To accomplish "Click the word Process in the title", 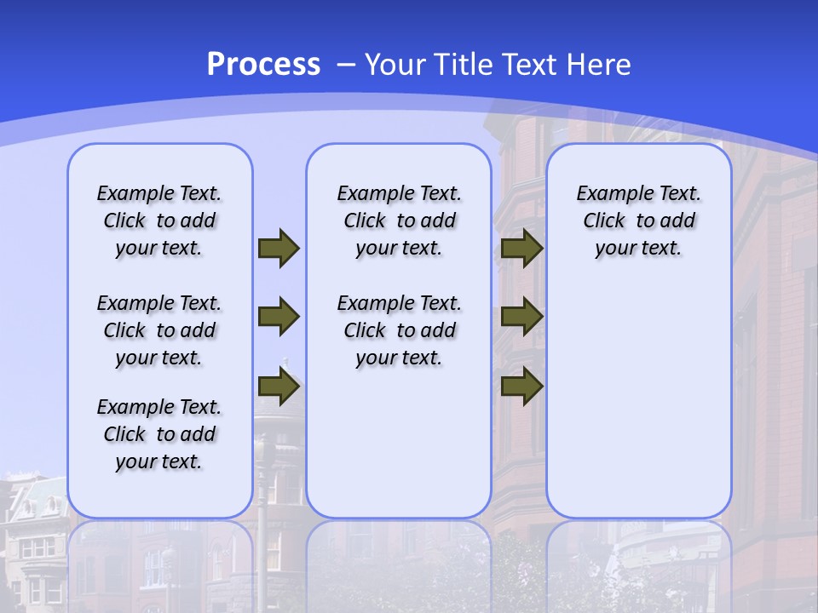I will point(263,65).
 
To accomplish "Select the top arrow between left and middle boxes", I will point(279,248).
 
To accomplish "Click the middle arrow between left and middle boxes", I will point(279,317).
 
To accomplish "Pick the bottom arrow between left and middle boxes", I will point(279,387).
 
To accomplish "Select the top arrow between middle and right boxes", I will point(521,248).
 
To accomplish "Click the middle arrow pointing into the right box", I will point(521,317).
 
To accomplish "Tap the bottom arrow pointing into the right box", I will point(521,387).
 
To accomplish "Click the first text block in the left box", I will point(159,221).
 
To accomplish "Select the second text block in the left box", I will point(159,330).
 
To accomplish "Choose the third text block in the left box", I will point(159,434).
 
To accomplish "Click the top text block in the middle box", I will point(399,221).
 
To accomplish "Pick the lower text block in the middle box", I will point(399,330).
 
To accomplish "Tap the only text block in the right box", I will point(638,221).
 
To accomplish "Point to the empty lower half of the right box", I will point(638,409).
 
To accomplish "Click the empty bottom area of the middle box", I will point(399,451).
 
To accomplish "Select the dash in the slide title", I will point(345,65).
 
